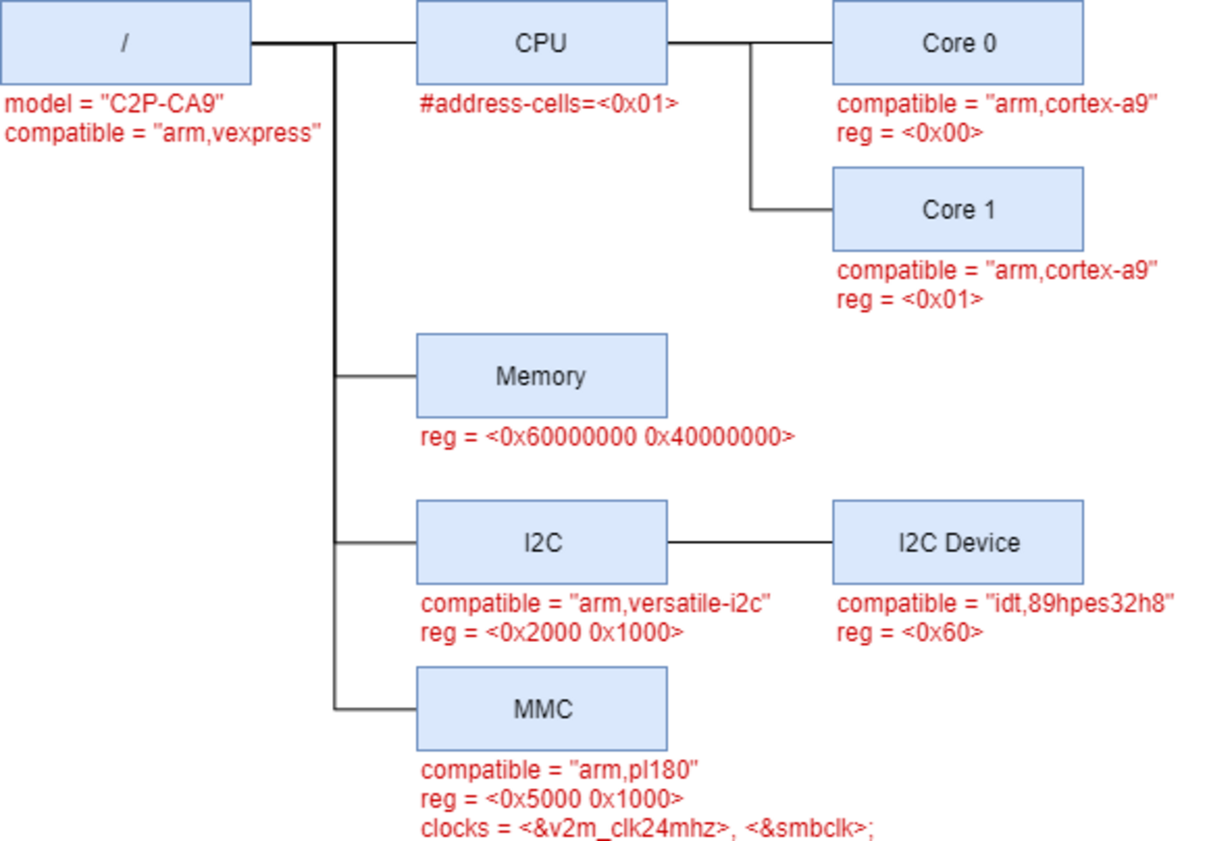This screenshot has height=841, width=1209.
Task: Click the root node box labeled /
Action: click(x=126, y=43)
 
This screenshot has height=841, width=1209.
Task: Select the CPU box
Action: click(x=541, y=43)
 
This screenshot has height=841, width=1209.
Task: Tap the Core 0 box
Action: click(x=957, y=43)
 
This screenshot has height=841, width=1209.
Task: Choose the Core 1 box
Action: click(x=957, y=209)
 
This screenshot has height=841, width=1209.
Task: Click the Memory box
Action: click(x=541, y=376)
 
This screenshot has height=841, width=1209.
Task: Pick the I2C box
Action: click(x=541, y=542)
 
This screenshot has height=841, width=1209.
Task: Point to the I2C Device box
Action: click(x=957, y=542)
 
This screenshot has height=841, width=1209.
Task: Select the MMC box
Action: click(x=541, y=709)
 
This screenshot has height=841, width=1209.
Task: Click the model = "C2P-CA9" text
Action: click(x=114, y=103)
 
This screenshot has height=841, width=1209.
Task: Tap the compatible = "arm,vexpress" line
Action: click(x=163, y=132)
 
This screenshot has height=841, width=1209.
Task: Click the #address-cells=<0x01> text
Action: click(x=550, y=103)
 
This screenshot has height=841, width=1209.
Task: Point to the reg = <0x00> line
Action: click(x=910, y=132)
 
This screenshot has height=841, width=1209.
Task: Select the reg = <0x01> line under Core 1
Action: click(x=910, y=299)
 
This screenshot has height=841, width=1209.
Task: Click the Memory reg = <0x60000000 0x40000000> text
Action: click(x=607, y=436)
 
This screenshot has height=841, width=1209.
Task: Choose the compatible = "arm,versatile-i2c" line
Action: click(x=596, y=603)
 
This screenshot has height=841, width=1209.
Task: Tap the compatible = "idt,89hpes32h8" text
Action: click(x=1005, y=603)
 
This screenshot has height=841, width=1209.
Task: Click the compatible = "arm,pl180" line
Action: click(x=559, y=769)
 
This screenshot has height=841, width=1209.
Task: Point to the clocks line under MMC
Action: click(x=647, y=826)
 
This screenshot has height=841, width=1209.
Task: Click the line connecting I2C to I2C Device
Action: click(x=750, y=542)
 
